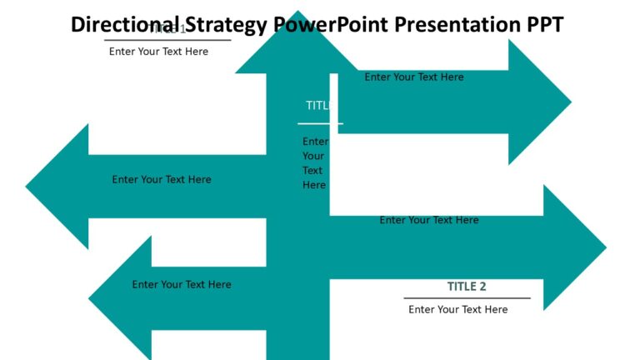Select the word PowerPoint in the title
pos(331,25)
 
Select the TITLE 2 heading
pos(467,287)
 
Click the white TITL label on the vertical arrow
pos(317,106)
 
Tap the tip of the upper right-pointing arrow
pos(569,102)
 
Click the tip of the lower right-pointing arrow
pos(604,247)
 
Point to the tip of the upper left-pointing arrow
pos(28,186)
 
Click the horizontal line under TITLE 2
pos(467,297)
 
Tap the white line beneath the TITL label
pos(320,123)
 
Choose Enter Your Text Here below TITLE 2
pos(457,309)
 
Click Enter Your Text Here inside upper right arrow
pos(414,77)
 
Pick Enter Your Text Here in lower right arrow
pos(429,221)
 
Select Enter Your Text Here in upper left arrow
pos(162,179)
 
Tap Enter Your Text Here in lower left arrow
pos(182,285)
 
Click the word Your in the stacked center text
pos(313,156)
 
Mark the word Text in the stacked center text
pos(312,171)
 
